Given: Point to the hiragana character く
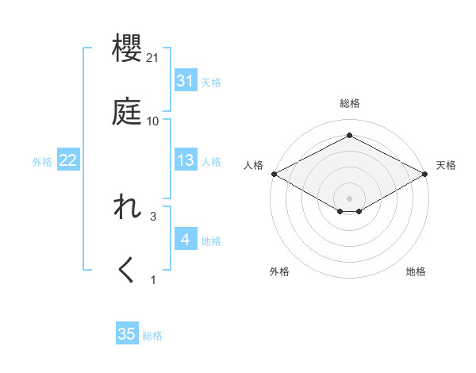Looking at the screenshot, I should (x=127, y=270).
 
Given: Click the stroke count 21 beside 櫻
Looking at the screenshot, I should (x=153, y=59).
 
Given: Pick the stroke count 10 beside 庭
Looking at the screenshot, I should (x=153, y=121).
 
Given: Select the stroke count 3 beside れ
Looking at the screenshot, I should (x=153, y=216).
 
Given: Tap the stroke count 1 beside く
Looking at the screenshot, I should (x=153, y=279).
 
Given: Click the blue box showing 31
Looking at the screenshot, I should (x=186, y=81).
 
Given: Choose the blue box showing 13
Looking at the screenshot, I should (x=186, y=160).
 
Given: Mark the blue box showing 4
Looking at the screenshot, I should (x=186, y=240).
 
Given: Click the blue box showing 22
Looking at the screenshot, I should (x=68, y=160).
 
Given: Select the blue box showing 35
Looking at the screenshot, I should (x=127, y=334).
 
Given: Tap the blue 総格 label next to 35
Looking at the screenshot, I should (x=152, y=336).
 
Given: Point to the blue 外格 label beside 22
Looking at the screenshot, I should (x=42, y=162).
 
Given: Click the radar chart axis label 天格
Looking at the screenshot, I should (x=446, y=165).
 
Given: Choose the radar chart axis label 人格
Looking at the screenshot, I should (x=253, y=165).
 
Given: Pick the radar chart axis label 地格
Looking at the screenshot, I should (x=416, y=271).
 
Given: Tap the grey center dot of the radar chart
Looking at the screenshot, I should (x=349, y=198).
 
